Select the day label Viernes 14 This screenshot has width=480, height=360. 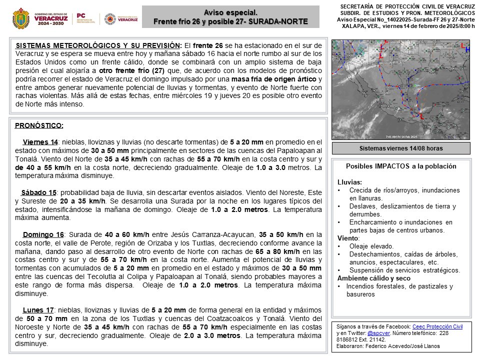[x=40, y=142]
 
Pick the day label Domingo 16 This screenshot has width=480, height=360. [x=43, y=234]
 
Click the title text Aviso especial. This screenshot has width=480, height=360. [x=230, y=12]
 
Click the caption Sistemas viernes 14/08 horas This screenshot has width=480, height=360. [x=401, y=148]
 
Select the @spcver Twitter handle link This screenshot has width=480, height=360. [x=378, y=333]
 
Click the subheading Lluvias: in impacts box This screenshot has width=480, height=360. [x=350, y=182]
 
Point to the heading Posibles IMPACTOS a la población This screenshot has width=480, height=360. [x=401, y=166]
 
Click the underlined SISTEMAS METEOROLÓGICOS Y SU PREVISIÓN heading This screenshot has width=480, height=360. [x=96, y=45]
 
